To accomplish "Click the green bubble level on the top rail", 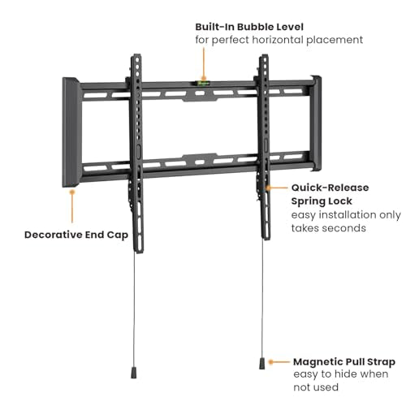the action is tap(204, 84).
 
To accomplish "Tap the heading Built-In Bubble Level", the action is tap(249, 27).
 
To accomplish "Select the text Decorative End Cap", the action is tap(76, 235).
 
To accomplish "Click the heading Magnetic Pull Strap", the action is tap(344, 362).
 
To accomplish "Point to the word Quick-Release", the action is tap(330, 188).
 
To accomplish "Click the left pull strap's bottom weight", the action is tap(134, 373).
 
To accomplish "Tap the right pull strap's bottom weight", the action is tap(261, 363).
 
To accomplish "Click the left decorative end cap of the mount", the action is tap(71, 132).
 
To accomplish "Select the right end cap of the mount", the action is tap(316, 123).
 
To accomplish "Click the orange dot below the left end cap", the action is tap(72, 192).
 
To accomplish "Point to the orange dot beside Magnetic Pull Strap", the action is tap(270, 362).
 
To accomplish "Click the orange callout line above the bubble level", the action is tap(204, 64).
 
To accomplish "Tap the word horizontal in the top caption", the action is tap(278, 40).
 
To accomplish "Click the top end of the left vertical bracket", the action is tap(136, 55).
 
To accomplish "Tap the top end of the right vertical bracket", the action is tap(264, 55).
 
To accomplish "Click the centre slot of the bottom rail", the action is tap(200, 162).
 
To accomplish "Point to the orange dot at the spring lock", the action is tap(268, 188).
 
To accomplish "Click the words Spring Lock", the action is tap(322, 201).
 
